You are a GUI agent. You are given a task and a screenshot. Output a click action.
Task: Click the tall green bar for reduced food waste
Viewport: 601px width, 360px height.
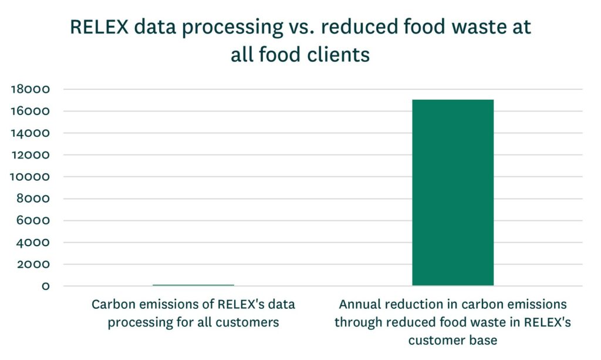[453, 193]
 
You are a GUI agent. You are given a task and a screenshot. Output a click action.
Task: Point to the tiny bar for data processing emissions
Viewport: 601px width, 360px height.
[193, 285]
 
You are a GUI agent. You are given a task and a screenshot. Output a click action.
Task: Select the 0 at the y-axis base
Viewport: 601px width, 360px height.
[45, 286]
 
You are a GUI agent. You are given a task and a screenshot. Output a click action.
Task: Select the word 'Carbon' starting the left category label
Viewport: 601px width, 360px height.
[112, 305]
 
